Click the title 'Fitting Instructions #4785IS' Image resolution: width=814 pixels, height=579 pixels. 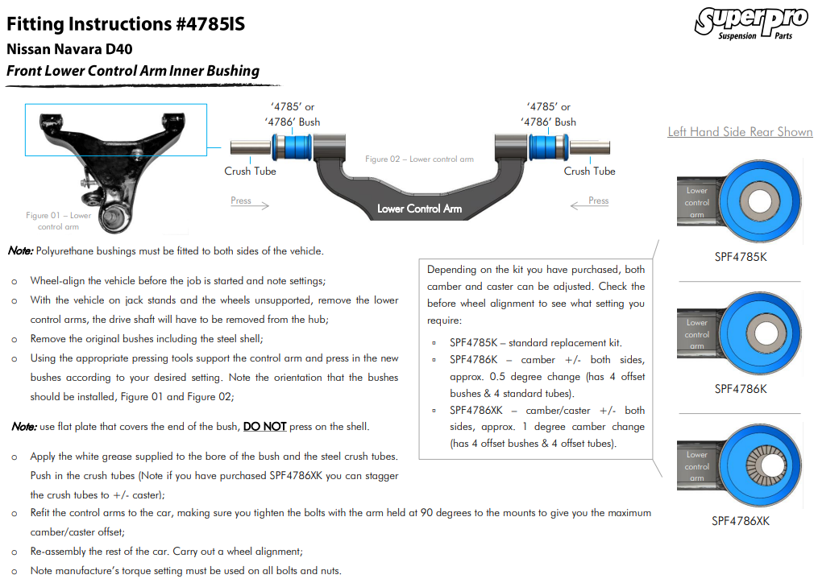coord(126,23)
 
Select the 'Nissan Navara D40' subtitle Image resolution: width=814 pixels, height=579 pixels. coord(69,49)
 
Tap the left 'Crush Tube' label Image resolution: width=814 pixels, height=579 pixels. coord(250,171)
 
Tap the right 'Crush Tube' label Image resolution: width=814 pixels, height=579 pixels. coord(589,171)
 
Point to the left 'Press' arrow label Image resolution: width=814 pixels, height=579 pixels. coord(241,201)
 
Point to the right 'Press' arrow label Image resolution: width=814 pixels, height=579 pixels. coord(598,201)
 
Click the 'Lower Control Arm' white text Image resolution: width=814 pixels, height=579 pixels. coord(419,209)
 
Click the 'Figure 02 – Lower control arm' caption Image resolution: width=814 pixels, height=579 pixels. coord(419,159)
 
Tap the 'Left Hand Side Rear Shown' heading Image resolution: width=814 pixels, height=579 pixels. coord(740,132)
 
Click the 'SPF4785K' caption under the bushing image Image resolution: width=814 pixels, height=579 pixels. coord(740,257)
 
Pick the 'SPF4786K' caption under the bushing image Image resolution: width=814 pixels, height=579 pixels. coord(740,389)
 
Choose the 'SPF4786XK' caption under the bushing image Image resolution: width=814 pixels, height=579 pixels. coord(740,521)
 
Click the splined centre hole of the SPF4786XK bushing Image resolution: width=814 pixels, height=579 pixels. coord(758,464)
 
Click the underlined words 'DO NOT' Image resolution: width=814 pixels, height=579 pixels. coord(264,427)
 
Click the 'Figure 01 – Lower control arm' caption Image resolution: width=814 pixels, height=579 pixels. coord(59,221)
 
